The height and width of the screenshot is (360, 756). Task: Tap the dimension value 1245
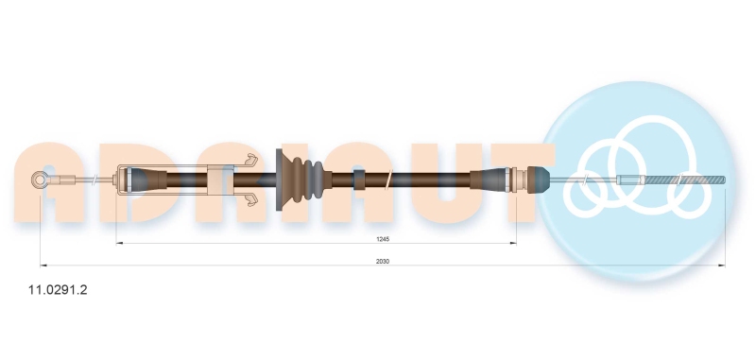(383, 239)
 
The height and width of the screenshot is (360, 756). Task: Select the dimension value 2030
(383, 261)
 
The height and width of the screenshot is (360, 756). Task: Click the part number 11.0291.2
(58, 290)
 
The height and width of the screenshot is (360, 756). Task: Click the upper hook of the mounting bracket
(252, 160)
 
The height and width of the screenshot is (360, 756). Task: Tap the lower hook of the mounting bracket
(252, 199)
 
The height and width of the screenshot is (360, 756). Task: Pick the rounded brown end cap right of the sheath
(539, 180)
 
